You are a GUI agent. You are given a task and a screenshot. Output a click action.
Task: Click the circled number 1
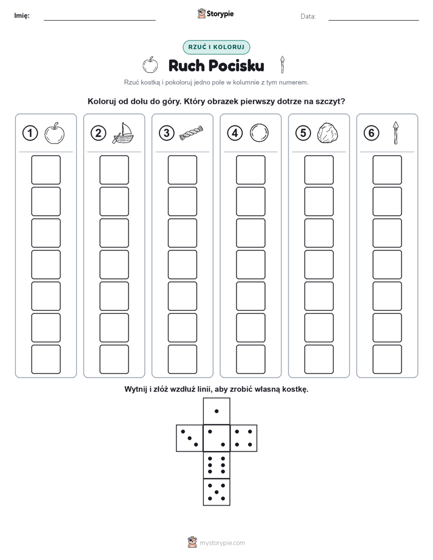point(30,133)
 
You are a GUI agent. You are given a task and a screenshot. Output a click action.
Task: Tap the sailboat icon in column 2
point(123,133)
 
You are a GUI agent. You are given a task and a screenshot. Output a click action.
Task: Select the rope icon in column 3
point(191,133)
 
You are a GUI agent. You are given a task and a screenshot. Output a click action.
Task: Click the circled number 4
point(235,133)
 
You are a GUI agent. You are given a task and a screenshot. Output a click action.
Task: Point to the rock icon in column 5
point(327,133)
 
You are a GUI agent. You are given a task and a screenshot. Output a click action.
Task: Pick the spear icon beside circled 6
point(395,133)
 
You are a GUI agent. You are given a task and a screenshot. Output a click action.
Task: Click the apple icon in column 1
point(55,133)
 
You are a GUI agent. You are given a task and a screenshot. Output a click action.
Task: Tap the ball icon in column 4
point(260,133)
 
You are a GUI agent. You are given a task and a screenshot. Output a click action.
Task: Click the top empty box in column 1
point(45,170)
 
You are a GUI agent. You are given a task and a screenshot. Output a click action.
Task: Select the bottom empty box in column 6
point(388,359)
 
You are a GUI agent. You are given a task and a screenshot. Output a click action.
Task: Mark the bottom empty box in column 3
point(182,359)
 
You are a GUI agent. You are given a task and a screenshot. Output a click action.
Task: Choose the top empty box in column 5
point(319,170)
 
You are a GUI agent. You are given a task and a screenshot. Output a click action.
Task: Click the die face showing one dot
point(216,411)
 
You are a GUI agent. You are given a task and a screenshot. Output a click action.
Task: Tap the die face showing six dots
point(216,465)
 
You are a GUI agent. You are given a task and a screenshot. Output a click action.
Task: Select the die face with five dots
point(216,492)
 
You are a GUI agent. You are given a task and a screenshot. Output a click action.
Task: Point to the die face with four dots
point(244,438)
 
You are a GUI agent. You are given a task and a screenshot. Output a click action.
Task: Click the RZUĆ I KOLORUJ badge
point(216,47)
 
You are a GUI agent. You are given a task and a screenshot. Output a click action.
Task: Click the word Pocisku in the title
point(236,65)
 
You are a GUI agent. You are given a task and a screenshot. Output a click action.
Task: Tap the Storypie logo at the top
point(215,14)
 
